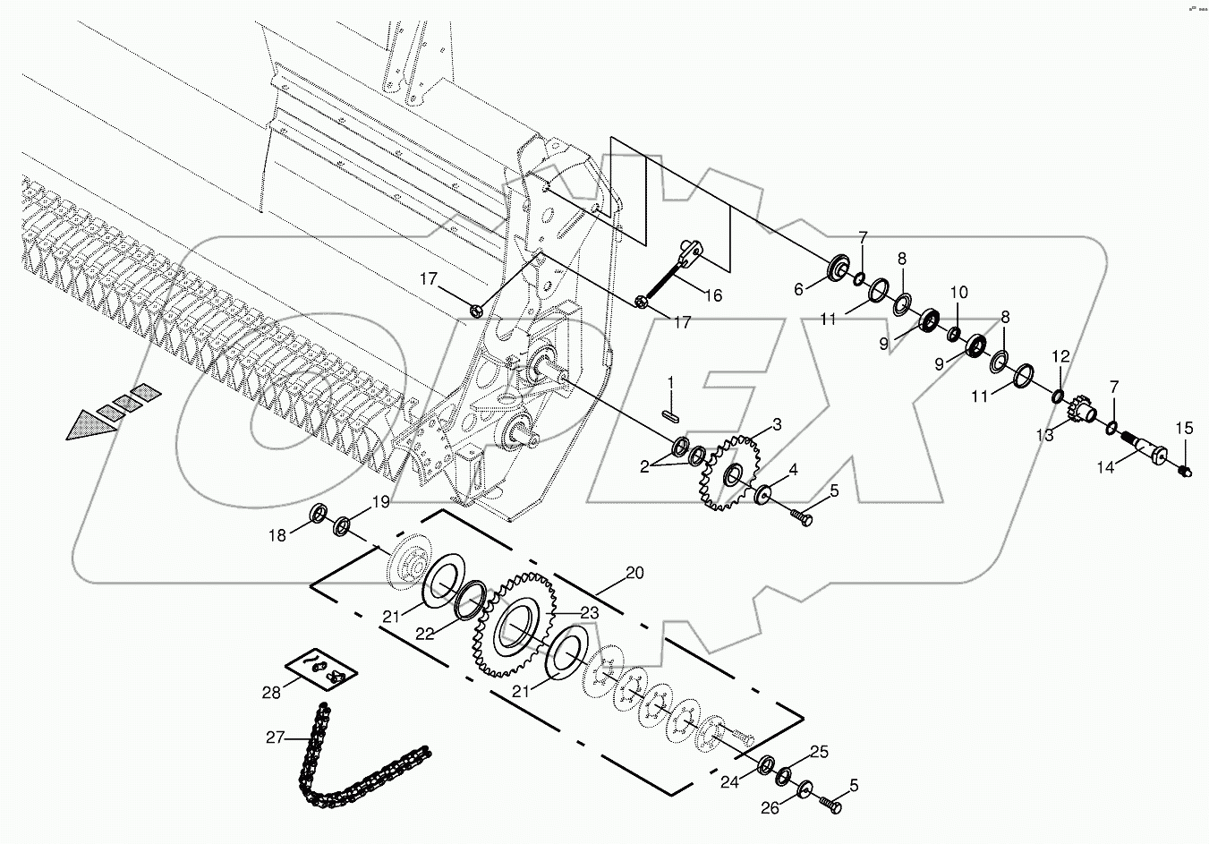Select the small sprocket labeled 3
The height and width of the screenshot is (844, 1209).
727,472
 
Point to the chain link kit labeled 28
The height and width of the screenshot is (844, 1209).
320,669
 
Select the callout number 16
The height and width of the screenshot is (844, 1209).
712,295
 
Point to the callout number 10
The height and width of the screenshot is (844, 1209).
958,292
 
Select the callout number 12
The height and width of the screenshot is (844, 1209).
1060,356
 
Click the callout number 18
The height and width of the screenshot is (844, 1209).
277,535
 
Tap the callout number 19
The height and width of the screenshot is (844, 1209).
380,503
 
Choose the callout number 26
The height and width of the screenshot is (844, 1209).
770,808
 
